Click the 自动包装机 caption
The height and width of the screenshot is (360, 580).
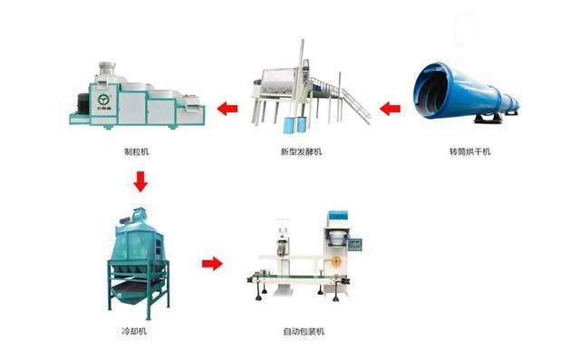coord(303,332)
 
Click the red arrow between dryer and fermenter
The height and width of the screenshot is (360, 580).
coord(390,110)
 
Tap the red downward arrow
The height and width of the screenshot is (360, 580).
coord(140,182)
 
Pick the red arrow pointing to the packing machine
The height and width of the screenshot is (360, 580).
coord(212,264)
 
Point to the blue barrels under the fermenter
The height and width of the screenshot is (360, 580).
coord(295,125)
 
